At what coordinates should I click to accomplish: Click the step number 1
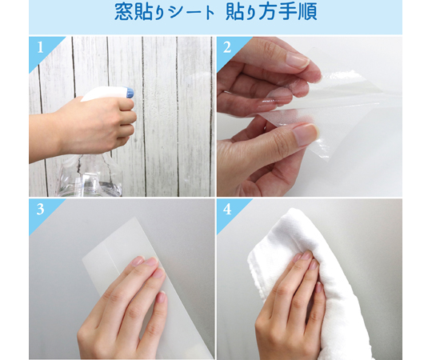coord(40,47)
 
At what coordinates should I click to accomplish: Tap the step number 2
coord(227,47)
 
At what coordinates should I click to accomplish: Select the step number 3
coord(40,210)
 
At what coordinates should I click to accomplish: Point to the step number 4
coord(227,210)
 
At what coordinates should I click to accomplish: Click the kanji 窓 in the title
coord(124,12)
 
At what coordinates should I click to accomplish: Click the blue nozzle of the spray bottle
coord(130,92)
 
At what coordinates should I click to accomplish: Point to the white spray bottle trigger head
coord(107,93)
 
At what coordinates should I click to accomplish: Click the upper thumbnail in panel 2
coord(298,60)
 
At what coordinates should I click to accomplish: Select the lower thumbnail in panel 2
coord(306,134)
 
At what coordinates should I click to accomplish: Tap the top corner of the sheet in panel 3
coord(135,218)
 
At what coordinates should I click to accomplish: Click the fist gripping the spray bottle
coord(107,124)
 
